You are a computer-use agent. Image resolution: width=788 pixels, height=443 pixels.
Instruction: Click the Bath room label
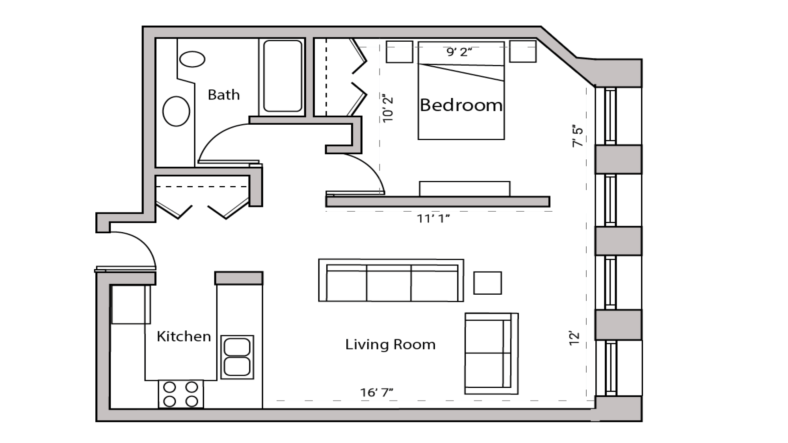coord(223,95)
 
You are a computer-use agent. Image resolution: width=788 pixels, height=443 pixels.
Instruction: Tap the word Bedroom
coord(461,105)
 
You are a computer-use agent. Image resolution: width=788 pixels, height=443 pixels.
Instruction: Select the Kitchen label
coord(184,336)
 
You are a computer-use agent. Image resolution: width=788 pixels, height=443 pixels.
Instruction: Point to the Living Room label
coord(390,345)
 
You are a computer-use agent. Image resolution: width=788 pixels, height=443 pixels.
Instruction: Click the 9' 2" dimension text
coord(459,52)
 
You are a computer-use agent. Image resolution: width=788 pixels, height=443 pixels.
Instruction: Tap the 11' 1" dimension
coord(433,218)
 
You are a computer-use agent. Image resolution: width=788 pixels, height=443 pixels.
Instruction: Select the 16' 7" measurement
coord(376,392)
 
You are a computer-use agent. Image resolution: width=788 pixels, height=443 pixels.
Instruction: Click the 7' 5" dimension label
coord(578,136)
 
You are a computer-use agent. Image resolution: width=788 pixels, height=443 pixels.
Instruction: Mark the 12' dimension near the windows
coord(574,338)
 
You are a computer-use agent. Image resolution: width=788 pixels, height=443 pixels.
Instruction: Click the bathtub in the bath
coord(282,76)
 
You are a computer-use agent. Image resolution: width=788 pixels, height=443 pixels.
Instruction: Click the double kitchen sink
coord(237,357)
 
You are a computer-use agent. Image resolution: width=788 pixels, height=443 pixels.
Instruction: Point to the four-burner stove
coord(181,394)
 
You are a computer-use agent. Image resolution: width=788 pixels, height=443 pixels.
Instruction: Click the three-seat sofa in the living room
coord(391,281)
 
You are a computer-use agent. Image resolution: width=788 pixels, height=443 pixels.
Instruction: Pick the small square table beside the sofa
coord(487,283)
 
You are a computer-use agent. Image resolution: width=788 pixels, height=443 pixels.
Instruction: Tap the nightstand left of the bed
coord(399,52)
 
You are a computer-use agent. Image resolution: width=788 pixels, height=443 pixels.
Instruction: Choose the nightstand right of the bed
coord(522,51)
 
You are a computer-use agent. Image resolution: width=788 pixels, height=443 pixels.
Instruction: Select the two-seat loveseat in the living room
coord(491,353)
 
